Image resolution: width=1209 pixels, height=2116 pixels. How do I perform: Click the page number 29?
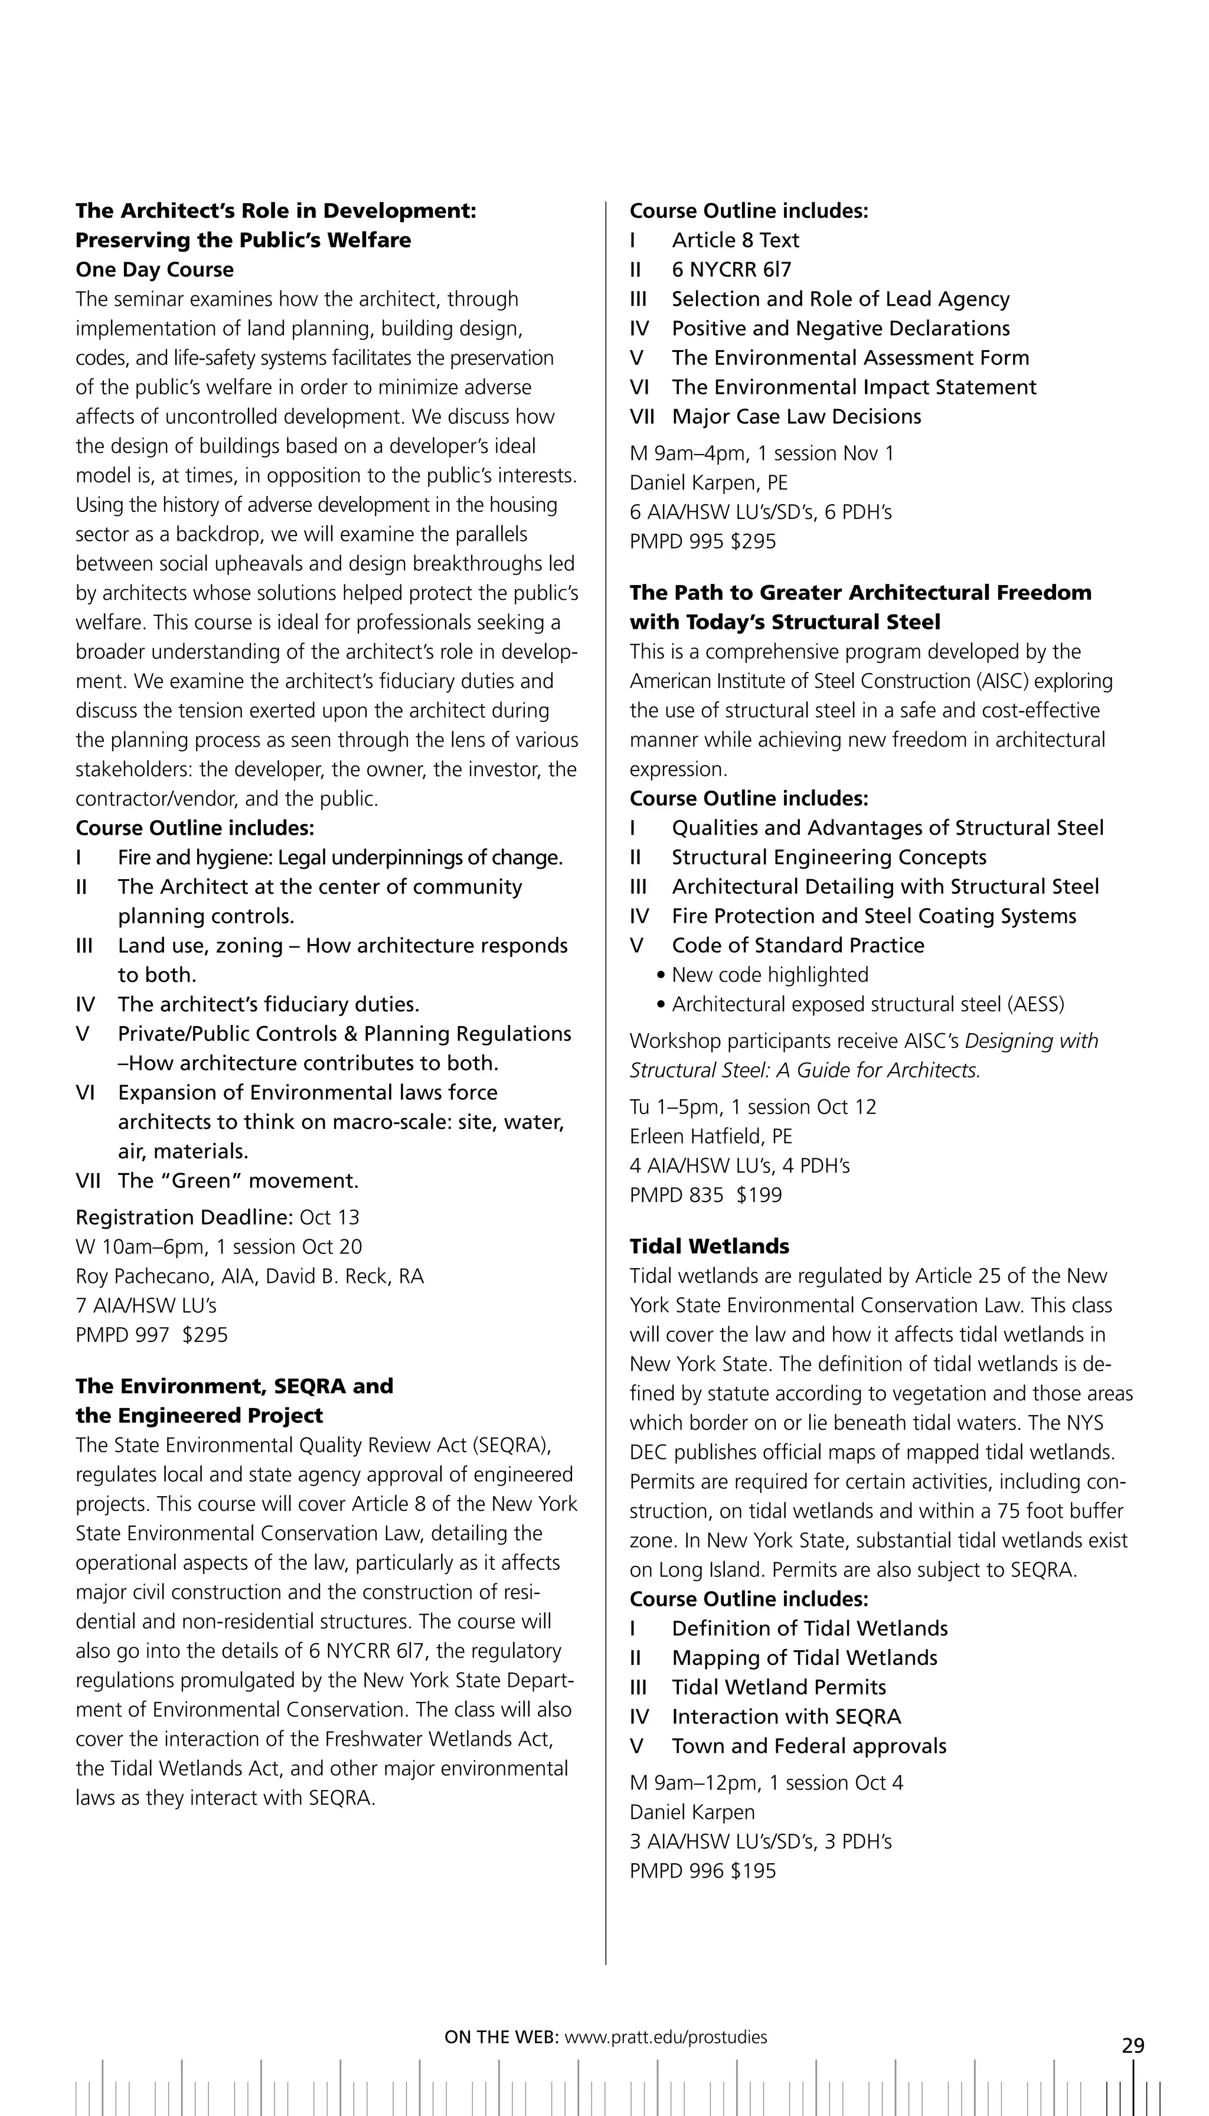click(x=1133, y=2045)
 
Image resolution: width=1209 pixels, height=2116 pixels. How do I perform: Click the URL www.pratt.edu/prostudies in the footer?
click(x=666, y=2036)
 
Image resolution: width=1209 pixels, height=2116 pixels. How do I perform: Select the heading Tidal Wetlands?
click(x=709, y=1246)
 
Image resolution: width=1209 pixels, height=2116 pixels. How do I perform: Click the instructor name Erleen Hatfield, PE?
click(x=711, y=1136)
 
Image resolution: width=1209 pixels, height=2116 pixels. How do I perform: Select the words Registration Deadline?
click(x=184, y=1217)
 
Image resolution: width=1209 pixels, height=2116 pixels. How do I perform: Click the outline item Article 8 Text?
click(x=735, y=240)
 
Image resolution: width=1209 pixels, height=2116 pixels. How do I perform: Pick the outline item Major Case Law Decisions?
click(x=796, y=416)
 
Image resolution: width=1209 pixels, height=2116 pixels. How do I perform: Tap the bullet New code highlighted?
click(x=770, y=975)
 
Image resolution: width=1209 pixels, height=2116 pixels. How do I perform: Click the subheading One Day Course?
click(x=155, y=269)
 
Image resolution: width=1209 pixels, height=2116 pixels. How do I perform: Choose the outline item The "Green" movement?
click(x=238, y=1180)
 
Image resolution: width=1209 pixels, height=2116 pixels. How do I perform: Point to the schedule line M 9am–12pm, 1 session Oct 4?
click(x=766, y=1783)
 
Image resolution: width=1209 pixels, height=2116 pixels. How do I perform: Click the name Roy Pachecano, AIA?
click(x=165, y=1276)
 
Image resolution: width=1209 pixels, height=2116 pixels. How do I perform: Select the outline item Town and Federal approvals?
click(x=809, y=1746)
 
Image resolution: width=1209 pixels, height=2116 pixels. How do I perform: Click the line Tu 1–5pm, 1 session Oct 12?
click(x=752, y=1107)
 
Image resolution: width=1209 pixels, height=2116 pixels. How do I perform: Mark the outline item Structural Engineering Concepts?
click(x=829, y=857)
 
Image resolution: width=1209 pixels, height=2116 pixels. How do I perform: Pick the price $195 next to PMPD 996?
click(x=753, y=1871)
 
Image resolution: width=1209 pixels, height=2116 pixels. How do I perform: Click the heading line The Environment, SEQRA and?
click(x=234, y=1386)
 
